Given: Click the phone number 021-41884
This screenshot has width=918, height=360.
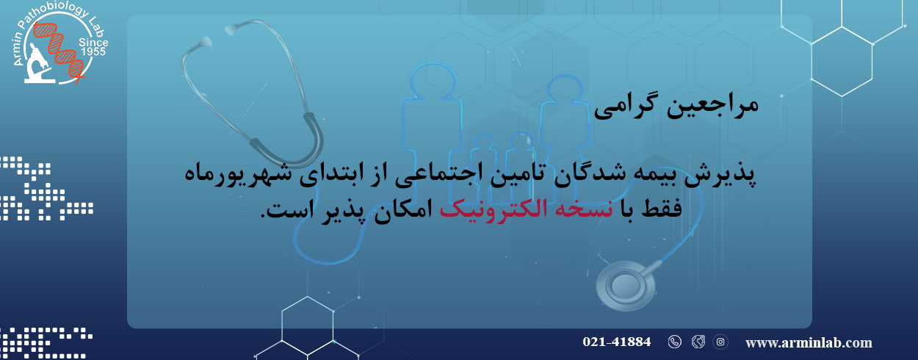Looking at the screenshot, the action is click(x=616, y=342).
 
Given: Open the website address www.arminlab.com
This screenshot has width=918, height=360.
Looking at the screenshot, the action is click(x=809, y=343).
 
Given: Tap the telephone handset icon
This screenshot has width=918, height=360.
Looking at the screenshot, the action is click(x=675, y=342).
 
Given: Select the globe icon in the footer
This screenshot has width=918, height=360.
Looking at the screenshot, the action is click(x=698, y=342).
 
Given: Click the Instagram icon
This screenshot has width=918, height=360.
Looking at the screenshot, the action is click(x=720, y=342).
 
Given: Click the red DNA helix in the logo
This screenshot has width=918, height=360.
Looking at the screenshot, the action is click(x=59, y=50).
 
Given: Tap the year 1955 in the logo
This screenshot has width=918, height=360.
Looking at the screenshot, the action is click(x=93, y=51).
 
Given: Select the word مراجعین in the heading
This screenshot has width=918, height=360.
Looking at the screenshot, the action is click(x=712, y=106).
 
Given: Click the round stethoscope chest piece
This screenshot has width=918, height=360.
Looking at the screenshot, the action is click(x=625, y=286).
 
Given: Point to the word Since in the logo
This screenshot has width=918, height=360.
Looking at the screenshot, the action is click(x=93, y=43).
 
